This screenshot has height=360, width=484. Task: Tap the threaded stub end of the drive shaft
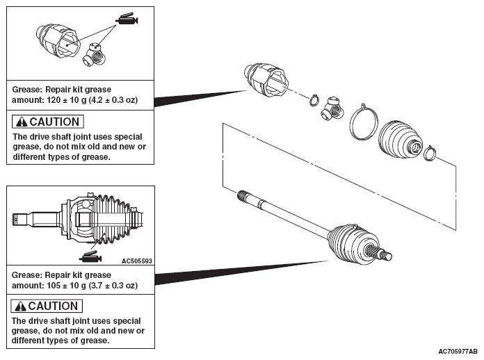[384, 254]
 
